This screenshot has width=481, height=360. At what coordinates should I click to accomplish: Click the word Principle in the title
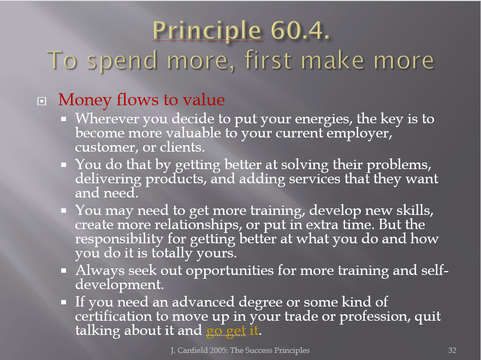coord(207,31)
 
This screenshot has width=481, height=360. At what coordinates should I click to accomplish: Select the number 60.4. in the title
coord(300,31)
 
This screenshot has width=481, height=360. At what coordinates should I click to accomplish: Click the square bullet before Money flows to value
coord(41,101)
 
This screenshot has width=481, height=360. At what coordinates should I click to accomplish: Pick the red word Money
coord(85,100)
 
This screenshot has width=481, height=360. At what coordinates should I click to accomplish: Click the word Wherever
coord(107,118)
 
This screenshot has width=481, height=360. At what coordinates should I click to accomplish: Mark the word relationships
coord(197,225)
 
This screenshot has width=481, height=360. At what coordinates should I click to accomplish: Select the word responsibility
coord(120,239)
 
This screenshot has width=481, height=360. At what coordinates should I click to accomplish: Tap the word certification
coord(113,316)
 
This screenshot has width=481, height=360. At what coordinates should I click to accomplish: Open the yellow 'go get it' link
coord(232,331)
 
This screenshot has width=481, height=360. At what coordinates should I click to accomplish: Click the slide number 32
coord(452,351)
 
